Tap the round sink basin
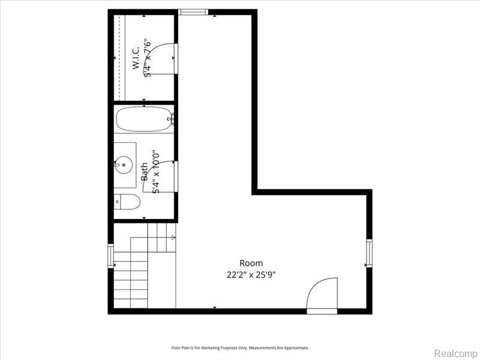point(124,164)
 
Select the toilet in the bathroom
point(127,202)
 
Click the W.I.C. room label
point(136,58)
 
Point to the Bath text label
point(144,172)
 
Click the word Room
point(251,263)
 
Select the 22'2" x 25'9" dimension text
point(251,275)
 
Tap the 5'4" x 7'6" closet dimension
point(148,58)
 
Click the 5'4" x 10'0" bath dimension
point(156,172)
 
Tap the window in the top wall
point(193,12)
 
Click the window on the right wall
point(369,253)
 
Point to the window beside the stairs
point(110,256)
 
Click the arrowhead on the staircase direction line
point(174,237)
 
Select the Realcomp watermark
point(456,353)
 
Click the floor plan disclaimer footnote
point(240,348)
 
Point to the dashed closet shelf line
point(119,58)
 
